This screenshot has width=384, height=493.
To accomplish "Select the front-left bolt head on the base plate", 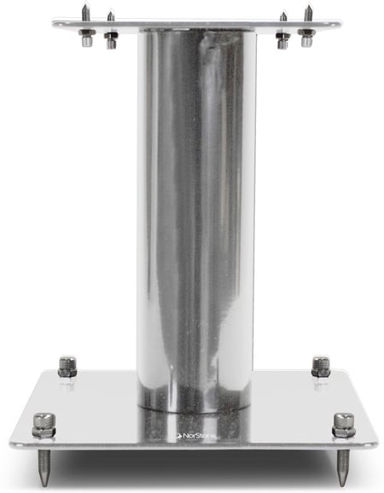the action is [44, 425].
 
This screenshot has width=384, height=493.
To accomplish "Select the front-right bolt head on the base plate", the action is [344, 425].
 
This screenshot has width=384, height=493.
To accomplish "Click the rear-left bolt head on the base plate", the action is [67, 367].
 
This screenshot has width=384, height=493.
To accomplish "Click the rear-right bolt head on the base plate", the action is [321, 367].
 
